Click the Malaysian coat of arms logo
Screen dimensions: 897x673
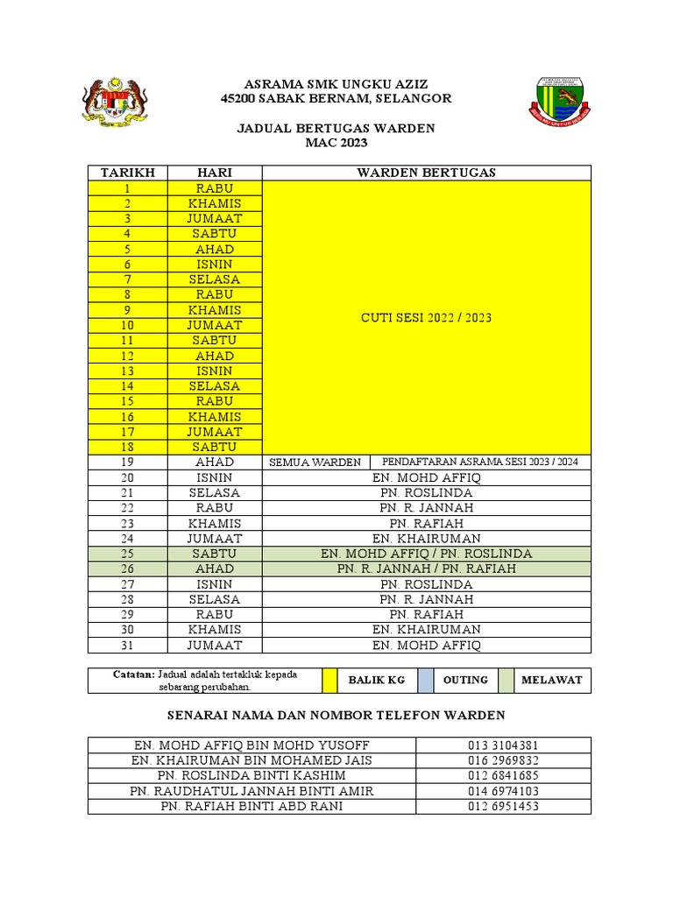tap(116, 103)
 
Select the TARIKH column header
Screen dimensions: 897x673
tap(128, 173)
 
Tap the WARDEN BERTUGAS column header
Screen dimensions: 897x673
tap(426, 173)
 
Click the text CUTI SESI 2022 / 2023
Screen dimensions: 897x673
tap(426, 317)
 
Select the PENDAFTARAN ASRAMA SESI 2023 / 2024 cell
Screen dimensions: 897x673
tap(480, 462)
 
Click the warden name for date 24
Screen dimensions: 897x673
tap(426, 539)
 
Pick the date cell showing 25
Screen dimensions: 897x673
tap(128, 554)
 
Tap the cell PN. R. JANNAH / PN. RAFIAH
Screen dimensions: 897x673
tap(426, 569)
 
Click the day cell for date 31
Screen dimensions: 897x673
tap(215, 646)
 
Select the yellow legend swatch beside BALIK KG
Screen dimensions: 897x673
tap(329, 680)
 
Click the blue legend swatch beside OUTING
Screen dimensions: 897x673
tap(425, 680)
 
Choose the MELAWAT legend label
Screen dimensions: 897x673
tap(552, 680)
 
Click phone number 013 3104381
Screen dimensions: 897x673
tap(503, 745)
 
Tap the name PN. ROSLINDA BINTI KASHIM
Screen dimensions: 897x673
tap(251, 775)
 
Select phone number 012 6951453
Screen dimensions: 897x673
tap(503, 806)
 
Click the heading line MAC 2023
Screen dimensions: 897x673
tap(336, 143)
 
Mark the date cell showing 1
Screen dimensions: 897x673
tap(128, 188)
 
